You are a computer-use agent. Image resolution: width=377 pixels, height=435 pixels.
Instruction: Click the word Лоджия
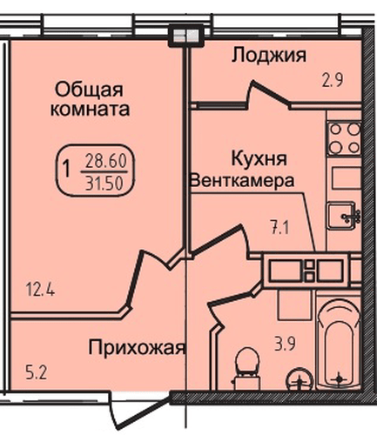(268, 56)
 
